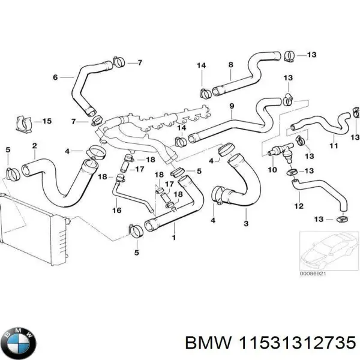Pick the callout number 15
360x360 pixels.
coord(47,121)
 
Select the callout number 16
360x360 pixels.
coord(117,210)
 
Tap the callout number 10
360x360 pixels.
coord(272,170)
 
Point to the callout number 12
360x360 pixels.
coord(298,207)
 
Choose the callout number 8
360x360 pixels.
coord(230,64)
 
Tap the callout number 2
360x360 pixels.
coord(34,146)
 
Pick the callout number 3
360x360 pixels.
coord(245,224)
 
